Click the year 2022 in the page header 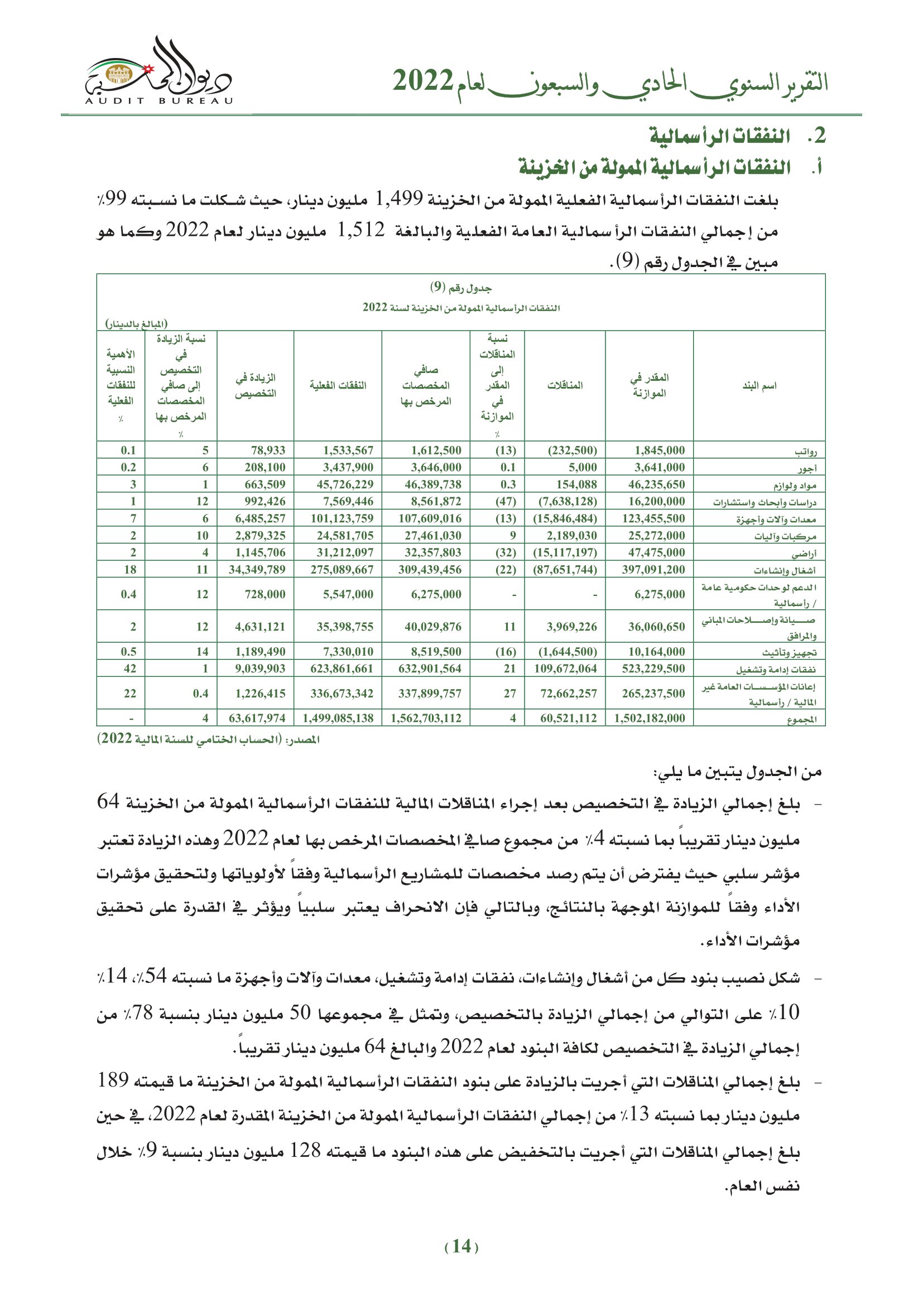[422, 81]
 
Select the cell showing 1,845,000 [659, 450]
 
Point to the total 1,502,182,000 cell [649, 718]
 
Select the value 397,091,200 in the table [653, 570]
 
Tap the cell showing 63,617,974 [257, 718]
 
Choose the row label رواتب [805, 452]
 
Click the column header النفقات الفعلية [338, 386]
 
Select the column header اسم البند [759, 386]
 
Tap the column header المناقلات [565, 386]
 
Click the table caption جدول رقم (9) [460, 287]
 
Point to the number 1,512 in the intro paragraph [361, 231]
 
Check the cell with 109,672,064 [565, 668]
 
